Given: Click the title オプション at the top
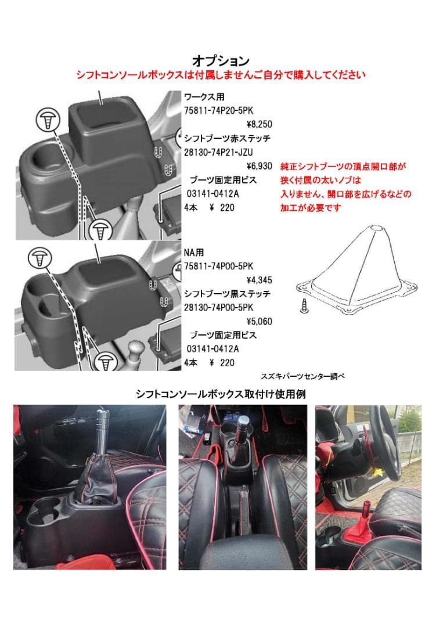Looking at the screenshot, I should click(221, 61).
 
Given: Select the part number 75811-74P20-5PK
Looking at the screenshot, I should click(219, 110).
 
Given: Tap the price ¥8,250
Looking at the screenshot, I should click(259, 124).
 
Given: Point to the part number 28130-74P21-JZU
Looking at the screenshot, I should click(219, 152).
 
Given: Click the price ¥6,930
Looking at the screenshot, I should click(259, 166).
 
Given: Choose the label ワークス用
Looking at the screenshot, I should click(204, 97).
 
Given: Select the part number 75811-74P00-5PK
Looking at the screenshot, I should click(219, 266).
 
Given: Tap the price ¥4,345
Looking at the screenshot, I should click(259, 280).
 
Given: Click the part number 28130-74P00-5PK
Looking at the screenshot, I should click(219, 307).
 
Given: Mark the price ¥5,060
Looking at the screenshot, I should click(259, 321).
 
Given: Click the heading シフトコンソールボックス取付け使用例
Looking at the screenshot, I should click(221, 394).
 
